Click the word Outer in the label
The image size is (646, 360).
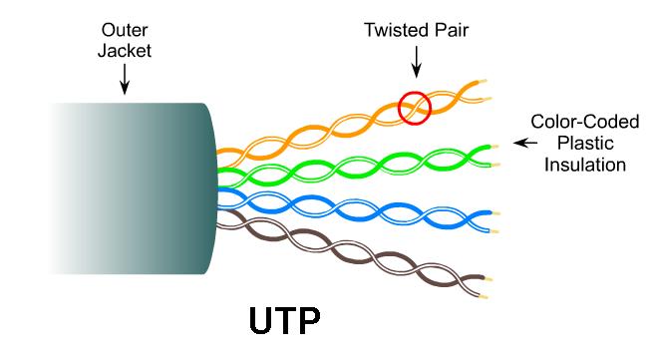(x=125, y=30)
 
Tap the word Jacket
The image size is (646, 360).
(x=125, y=51)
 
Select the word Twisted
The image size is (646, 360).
(x=394, y=30)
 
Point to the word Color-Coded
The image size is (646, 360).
(x=585, y=122)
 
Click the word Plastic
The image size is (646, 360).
(x=585, y=144)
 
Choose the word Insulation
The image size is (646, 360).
(x=585, y=165)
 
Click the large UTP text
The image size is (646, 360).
(x=285, y=321)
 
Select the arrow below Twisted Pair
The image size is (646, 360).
(x=417, y=62)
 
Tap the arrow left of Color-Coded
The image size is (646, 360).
(x=525, y=143)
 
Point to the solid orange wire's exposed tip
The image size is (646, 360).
(x=483, y=81)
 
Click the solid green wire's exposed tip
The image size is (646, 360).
(x=494, y=147)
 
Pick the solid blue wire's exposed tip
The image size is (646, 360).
(x=496, y=213)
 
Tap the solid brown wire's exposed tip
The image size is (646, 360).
(x=487, y=279)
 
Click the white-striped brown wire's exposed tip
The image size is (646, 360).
(x=484, y=296)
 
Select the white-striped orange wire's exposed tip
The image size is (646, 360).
(x=486, y=99)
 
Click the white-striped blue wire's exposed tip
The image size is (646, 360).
(x=494, y=232)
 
